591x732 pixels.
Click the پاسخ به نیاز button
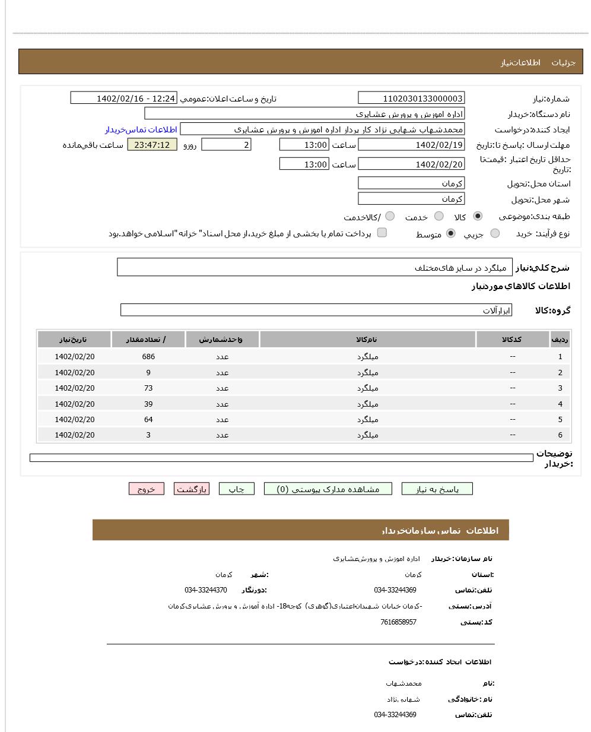(437, 489)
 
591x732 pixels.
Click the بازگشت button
(192, 489)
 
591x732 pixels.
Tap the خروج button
(146, 489)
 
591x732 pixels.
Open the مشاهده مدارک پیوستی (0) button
(328, 489)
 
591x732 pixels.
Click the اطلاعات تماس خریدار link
(141, 129)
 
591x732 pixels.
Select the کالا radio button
(478, 216)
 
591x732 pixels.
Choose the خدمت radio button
(439, 216)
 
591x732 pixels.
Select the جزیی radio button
(495, 233)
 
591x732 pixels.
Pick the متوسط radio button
(451, 233)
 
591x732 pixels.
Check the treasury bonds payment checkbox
(382, 233)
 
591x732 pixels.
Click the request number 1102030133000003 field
(411, 99)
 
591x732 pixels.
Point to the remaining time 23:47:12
(152, 145)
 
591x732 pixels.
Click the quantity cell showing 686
(148, 357)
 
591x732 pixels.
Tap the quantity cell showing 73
(148, 388)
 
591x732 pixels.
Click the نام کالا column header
(367, 340)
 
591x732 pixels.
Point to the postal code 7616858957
(398, 622)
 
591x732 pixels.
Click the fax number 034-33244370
(205, 590)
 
